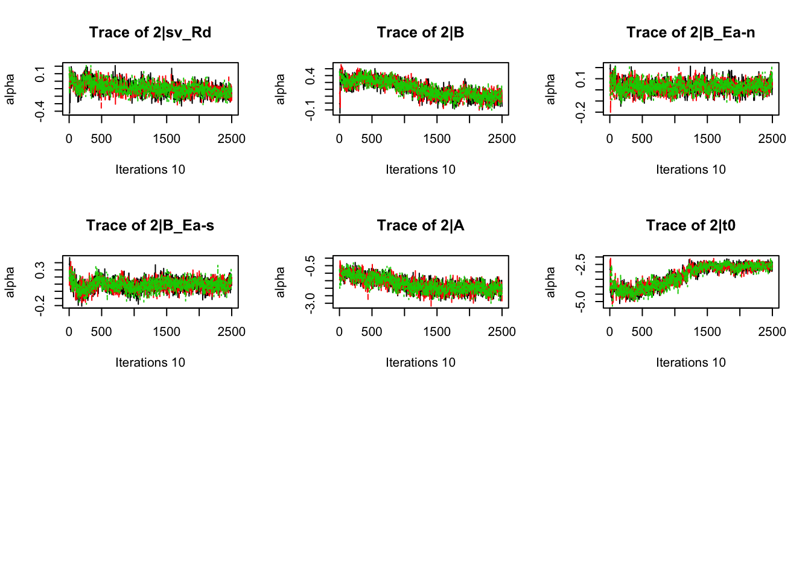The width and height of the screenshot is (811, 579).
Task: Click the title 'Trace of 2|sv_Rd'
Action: (x=150, y=33)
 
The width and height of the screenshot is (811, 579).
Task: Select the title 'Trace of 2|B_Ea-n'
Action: (x=690, y=33)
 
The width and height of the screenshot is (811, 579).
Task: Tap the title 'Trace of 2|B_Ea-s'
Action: (x=150, y=226)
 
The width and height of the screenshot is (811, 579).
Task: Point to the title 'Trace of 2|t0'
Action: (x=690, y=226)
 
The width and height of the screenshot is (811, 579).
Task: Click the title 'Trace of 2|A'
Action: (x=421, y=226)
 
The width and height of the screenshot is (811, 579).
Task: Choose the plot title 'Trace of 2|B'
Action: (x=421, y=33)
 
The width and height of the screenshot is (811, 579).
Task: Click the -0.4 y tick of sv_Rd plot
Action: (x=40, y=111)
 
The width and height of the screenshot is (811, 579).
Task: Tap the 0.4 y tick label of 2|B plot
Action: (x=311, y=76)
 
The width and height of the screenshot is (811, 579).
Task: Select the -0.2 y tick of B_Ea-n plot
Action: (x=581, y=112)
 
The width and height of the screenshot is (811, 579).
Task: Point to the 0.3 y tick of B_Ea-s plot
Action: (x=40, y=270)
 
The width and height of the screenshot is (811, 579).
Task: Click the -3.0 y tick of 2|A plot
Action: (x=311, y=302)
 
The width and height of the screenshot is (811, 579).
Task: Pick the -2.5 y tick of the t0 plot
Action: (x=581, y=264)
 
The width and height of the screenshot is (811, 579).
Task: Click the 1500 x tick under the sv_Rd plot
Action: (x=167, y=139)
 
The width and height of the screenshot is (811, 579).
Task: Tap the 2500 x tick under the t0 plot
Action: (x=772, y=332)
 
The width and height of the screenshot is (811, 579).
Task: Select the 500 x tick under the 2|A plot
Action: (x=372, y=332)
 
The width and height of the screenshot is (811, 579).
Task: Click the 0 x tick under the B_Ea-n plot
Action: (x=609, y=139)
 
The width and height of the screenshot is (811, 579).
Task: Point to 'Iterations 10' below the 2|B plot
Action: (x=421, y=169)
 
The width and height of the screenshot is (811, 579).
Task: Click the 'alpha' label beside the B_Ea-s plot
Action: (x=10, y=282)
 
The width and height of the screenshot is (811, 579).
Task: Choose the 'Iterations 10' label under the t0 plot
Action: (x=690, y=362)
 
